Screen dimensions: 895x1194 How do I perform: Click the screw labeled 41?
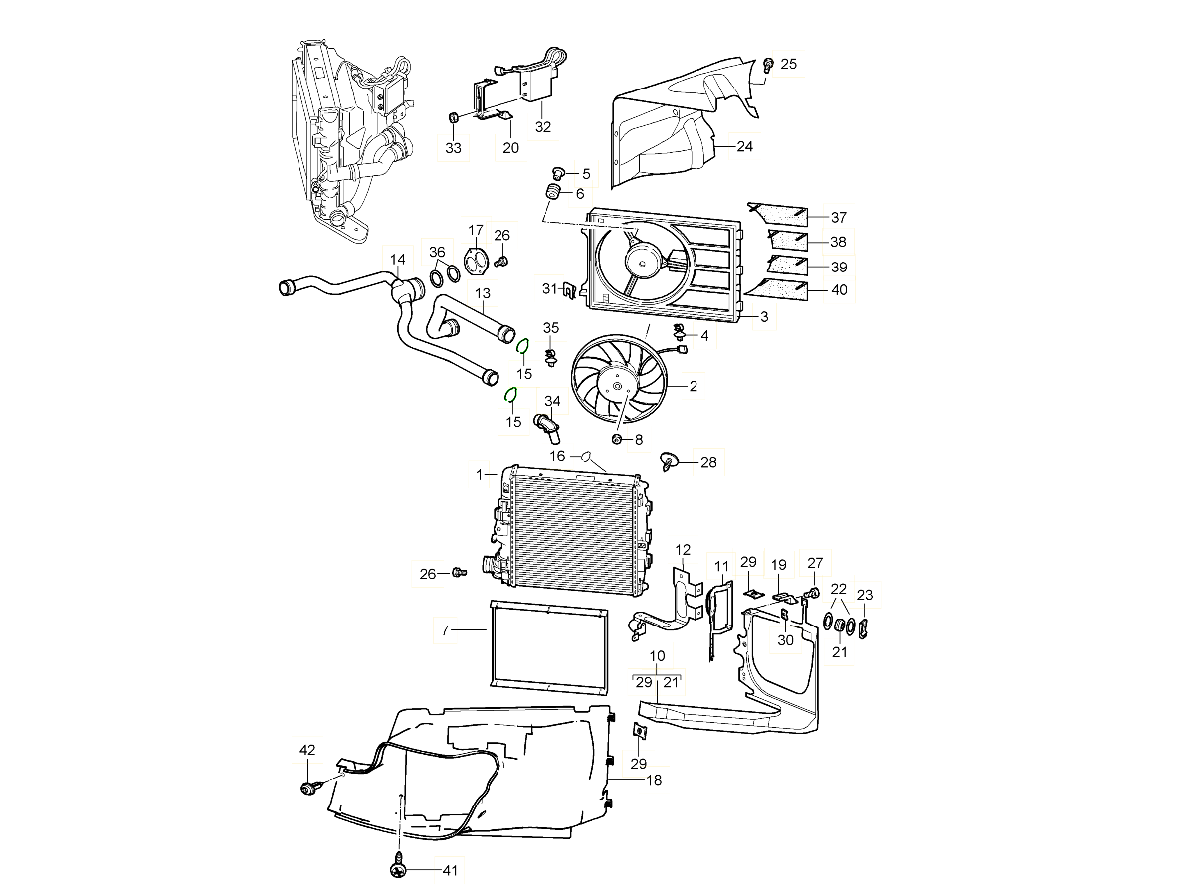pyautogui.click(x=398, y=870)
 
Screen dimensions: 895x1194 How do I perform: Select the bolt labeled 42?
pyautogui.click(x=308, y=789)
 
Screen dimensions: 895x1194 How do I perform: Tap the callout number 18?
pyautogui.click(x=653, y=781)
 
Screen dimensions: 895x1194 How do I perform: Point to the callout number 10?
pyautogui.click(x=657, y=656)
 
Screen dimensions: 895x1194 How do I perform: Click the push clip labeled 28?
pyautogui.click(x=670, y=460)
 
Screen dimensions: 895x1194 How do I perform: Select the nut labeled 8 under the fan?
pyautogui.click(x=617, y=439)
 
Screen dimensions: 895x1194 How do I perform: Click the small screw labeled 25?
pyautogui.click(x=769, y=66)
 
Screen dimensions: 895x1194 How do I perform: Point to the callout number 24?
pyautogui.click(x=744, y=146)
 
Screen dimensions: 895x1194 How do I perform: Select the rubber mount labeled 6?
pyautogui.click(x=549, y=192)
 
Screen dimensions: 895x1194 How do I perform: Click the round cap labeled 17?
pyautogui.click(x=476, y=260)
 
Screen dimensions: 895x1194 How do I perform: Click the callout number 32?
pyautogui.click(x=542, y=126)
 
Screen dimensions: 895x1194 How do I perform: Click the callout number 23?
pyautogui.click(x=865, y=595)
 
